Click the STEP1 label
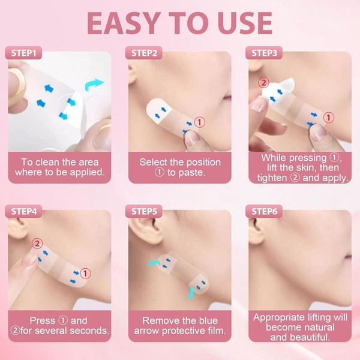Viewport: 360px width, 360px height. pos(23,53)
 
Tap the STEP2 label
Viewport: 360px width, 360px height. pos(144,53)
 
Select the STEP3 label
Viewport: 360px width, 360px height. pos(264,53)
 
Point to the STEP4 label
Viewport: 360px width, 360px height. pos(23,211)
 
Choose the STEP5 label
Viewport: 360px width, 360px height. pos(144,211)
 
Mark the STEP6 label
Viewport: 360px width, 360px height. pos(264,211)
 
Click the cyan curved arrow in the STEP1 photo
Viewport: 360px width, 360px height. pos(94,84)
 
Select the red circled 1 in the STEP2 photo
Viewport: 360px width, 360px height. pos(200,122)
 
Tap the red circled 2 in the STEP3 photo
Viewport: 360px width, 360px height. pos(263,83)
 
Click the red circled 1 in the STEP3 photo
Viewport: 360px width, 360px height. pos(329,118)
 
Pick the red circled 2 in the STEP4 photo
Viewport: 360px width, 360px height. pos(37,244)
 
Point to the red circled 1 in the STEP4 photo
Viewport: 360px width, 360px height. pos(85,274)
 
